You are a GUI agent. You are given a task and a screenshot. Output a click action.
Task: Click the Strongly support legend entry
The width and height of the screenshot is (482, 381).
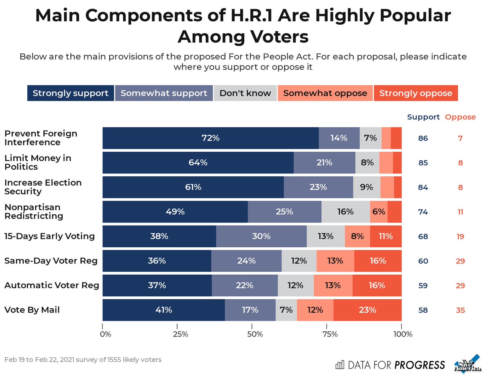pos(71,94)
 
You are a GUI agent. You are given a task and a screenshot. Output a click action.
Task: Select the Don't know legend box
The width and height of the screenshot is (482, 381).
pos(245,94)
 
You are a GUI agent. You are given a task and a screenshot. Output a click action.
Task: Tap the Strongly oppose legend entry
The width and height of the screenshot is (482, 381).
pos(416,94)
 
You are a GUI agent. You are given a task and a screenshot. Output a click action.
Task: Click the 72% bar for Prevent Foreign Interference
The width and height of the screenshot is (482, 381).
pos(210,138)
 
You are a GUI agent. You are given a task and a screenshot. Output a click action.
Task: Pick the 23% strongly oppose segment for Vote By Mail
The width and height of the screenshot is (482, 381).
pos(367,310)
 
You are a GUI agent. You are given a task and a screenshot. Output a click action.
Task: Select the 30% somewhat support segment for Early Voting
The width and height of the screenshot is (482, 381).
pos(261,236)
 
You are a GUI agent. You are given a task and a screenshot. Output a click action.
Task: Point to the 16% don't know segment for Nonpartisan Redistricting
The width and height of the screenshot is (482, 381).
pos(345,212)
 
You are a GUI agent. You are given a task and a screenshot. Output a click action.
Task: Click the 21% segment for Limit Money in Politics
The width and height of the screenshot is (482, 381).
pos(324,163)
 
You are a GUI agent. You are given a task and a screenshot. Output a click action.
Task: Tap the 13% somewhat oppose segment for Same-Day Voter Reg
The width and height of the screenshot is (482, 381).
pos(335,261)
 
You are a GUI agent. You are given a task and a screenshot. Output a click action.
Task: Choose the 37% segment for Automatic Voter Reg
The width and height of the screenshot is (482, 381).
pos(157,285)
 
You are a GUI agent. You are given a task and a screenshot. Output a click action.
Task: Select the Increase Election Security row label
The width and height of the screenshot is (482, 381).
pos(43,187)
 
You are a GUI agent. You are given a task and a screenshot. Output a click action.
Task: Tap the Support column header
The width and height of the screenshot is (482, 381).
pos(423,117)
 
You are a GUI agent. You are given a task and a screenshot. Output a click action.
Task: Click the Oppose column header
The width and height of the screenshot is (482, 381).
pos(460,117)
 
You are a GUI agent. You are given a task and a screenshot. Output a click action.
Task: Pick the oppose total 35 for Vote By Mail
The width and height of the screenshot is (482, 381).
pos(460,310)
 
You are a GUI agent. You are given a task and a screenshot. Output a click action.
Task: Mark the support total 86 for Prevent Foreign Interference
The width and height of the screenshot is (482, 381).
pos(423,139)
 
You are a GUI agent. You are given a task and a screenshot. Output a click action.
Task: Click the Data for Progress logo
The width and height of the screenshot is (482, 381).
pos(390,365)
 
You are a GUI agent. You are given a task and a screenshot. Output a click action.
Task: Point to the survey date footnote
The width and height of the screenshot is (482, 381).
pos(83,360)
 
